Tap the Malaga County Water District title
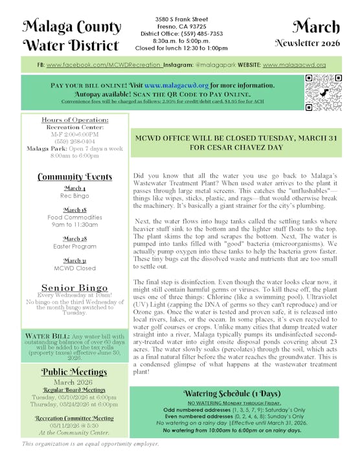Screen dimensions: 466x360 (71, 36)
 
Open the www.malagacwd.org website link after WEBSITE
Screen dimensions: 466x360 (295, 65)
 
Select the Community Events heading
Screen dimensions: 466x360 (74, 177)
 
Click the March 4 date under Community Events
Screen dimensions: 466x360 (74, 188)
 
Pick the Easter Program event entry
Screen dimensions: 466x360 (74, 247)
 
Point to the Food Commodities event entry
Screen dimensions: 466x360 (74, 218)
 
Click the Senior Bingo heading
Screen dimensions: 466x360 (74, 287)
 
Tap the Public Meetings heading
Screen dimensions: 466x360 (74, 371)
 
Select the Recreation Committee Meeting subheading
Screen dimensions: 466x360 (74, 418)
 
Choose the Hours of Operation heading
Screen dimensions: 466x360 (74, 120)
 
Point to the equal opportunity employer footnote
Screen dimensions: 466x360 (91, 444)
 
